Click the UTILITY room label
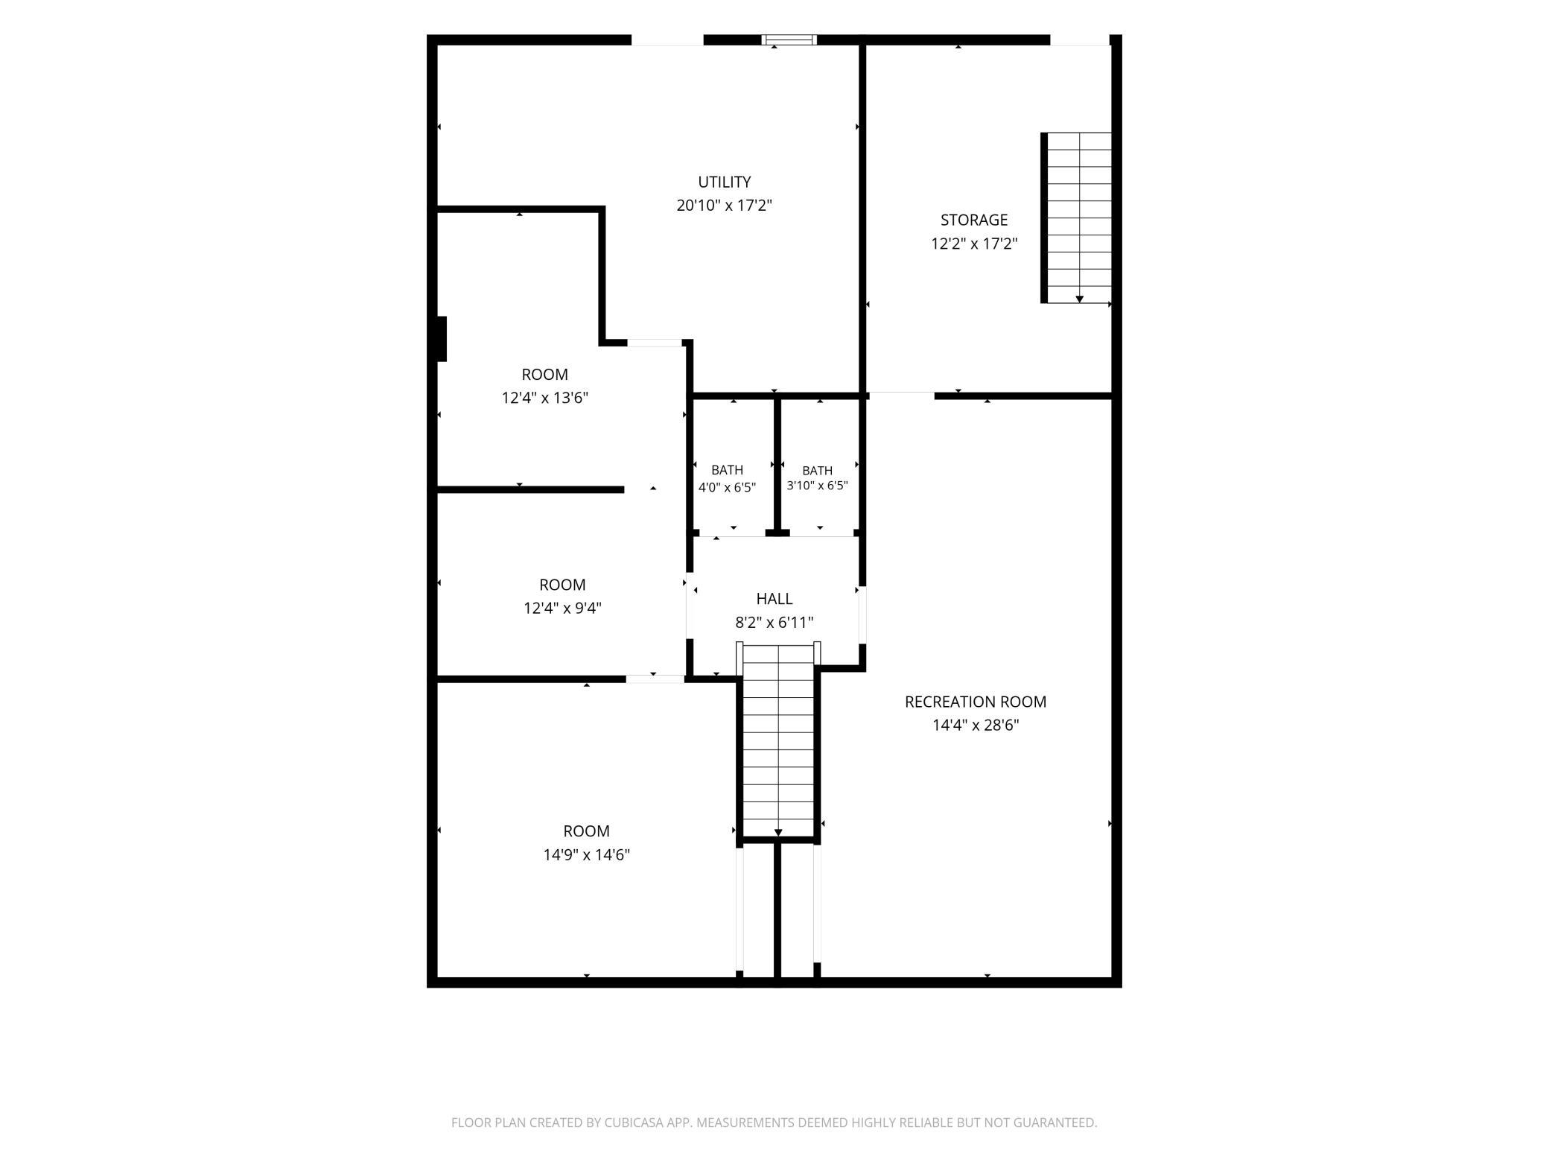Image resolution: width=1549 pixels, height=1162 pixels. point(724,182)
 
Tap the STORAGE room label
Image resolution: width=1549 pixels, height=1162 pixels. point(974,220)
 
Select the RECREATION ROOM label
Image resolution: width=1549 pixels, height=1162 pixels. point(976,702)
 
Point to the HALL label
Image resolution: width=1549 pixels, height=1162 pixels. point(774,599)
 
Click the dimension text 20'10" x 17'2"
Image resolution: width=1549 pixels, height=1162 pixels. point(724,206)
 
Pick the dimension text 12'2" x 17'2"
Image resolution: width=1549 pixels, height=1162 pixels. point(974,244)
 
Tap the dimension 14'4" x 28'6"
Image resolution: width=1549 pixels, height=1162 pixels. point(976,725)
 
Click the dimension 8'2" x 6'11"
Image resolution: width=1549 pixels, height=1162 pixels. point(774,623)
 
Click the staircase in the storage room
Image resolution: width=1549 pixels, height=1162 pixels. point(1076,218)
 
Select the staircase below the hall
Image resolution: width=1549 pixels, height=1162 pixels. point(778,742)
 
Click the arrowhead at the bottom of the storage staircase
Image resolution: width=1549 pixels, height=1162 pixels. point(1079,299)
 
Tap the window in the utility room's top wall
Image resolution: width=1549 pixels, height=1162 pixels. point(789,40)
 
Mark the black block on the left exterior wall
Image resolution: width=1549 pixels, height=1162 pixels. point(442,339)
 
